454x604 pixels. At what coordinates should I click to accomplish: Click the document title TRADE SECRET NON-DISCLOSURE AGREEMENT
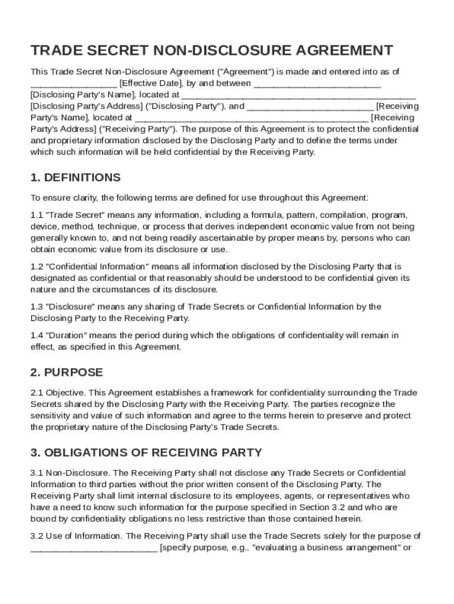pos(212,50)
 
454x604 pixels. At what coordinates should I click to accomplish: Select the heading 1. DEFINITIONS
pos(75,178)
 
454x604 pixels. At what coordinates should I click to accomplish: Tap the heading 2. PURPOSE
pos(67,373)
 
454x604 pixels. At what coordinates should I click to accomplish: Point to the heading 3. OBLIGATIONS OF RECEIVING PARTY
pos(146,452)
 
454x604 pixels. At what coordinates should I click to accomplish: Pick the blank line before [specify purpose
pos(94,548)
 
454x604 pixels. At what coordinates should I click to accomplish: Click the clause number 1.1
pos(37,215)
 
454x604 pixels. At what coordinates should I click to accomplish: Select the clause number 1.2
pos(37,267)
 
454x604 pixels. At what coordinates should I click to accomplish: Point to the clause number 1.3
pos(37,307)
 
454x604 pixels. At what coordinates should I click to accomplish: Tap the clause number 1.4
pos(37,336)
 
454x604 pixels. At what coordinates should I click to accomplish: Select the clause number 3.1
pos(37,473)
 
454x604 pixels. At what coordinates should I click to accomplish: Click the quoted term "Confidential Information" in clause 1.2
pos(98,267)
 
